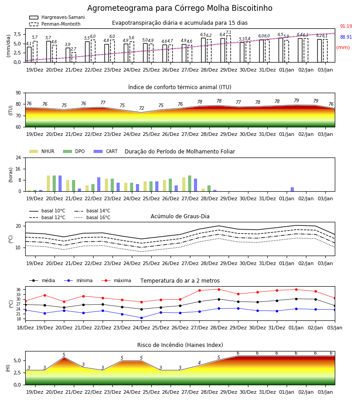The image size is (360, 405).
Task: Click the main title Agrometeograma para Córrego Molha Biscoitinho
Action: click(180, 8)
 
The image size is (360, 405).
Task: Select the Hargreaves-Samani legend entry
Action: click(57, 17)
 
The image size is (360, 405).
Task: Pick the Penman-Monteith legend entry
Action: click(55, 24)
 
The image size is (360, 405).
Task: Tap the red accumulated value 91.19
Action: click(346, 27)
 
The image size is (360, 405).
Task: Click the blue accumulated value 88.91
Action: click(346, 37)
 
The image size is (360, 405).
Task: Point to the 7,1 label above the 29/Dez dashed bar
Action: click(229, 32)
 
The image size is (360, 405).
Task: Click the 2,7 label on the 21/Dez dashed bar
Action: click(73, 49)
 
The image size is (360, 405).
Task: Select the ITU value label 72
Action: click(141, 108)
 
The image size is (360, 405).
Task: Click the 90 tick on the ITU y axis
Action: click(18, 93)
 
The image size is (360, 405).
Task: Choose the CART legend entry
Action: click(106, 151)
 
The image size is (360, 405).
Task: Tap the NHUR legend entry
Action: click(42, 151)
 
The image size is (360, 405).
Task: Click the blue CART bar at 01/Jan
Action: click(292, 189)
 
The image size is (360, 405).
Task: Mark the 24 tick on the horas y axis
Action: click(18, 157)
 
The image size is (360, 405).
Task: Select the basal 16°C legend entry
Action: click(92, 217)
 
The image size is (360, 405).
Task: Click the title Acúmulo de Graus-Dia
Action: click(180, 216)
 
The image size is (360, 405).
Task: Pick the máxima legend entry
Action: click(116, 280)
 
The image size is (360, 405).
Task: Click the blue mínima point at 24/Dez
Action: click(141, 318)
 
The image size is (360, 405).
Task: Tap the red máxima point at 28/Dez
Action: click(219, 289)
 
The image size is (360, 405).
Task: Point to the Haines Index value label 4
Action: click(199, 363)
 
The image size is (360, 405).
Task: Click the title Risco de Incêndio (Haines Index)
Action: click(180, 345)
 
